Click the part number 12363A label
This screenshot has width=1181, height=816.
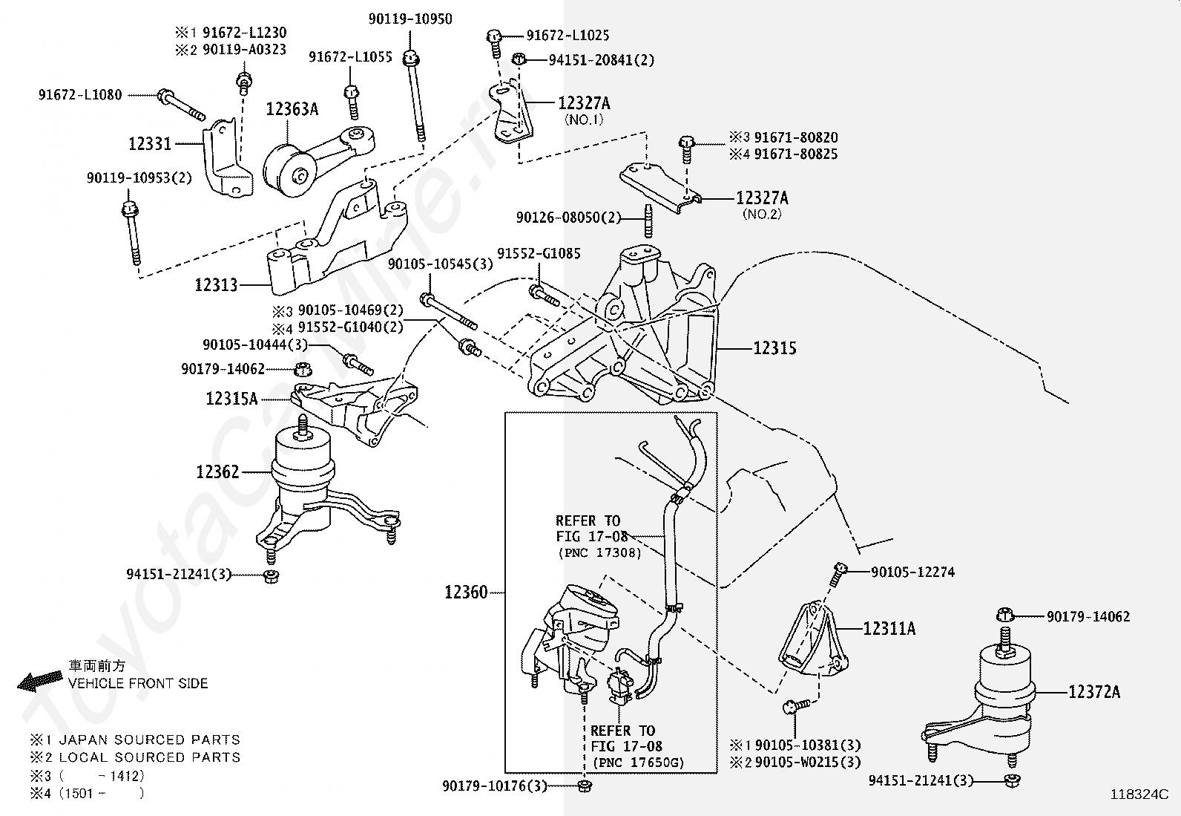click(292, 110)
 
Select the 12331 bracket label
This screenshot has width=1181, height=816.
click(150, 144)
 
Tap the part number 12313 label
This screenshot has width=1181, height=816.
click(217, 284)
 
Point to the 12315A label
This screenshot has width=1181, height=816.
click(231, 399)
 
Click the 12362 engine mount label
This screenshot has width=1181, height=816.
click(217, 472)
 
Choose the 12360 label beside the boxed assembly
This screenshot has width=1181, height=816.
click(466, 593)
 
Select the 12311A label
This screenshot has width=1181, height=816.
click(889, 630)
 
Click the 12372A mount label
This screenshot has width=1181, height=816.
click(1094, 692)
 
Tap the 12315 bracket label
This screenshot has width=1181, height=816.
click(774, 348)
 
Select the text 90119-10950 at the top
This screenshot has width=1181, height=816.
click(410, 19)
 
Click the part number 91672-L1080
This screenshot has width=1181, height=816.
click(80, 95)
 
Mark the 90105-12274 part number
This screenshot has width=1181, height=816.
click(912, 572)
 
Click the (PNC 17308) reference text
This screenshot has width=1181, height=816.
click(599, 552)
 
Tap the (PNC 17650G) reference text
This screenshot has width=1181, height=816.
click(638, 763)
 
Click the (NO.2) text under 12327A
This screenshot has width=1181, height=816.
click(762, 215)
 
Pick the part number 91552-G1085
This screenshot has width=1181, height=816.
click(539, 253)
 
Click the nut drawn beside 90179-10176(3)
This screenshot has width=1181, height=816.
click(584, 786)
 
